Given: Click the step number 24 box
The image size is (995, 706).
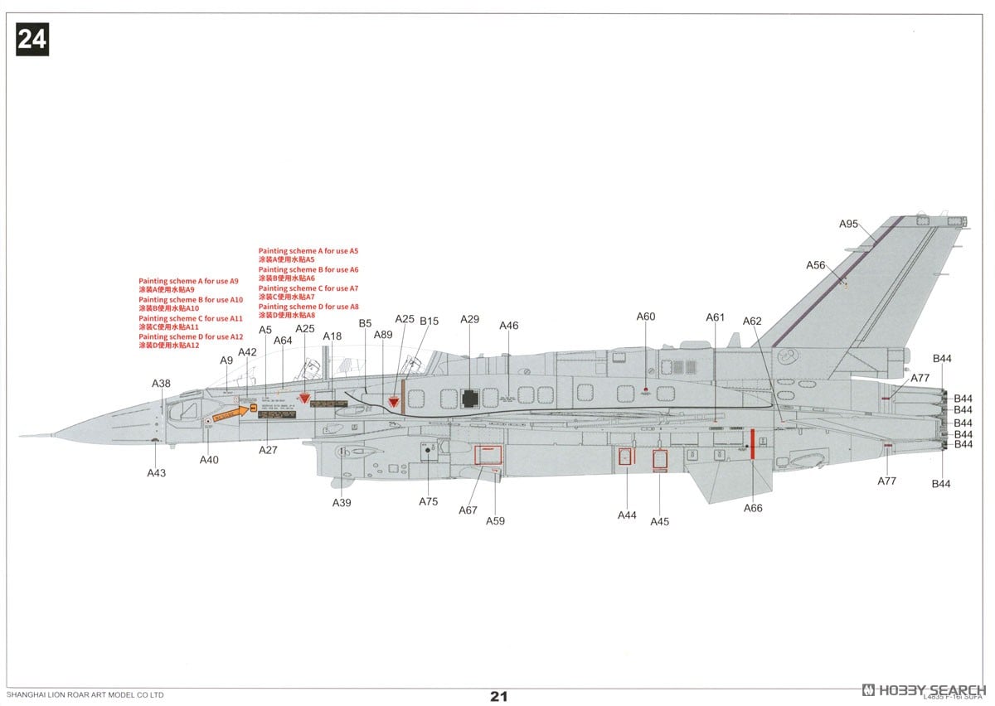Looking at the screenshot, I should click(32, 40).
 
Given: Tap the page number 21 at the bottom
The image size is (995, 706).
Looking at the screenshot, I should click(498, 696).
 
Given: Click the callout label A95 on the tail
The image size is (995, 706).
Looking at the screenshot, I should click(848, 224).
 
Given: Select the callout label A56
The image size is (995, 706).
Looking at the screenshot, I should click(816, 265).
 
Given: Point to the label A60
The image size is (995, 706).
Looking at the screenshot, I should click(646, 317).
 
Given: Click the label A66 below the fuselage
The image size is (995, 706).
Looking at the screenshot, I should click(753, 508).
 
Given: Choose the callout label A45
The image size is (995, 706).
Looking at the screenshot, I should click(659, 521).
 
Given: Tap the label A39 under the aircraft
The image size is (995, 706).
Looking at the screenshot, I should click(342, 503).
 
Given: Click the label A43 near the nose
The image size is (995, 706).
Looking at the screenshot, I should click(156, 472).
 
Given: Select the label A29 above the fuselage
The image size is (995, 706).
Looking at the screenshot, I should click(470, 319).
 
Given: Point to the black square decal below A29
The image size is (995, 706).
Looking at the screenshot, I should click(470, 399).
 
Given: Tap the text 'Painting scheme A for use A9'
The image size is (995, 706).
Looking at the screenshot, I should click(188, 282).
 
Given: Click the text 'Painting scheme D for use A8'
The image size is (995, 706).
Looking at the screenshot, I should click(308, 307).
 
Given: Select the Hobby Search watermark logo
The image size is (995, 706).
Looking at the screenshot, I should click(924, 689).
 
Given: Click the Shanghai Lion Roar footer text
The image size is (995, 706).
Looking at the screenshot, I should click(85, 694).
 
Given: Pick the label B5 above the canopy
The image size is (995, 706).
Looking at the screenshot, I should click(365, 323).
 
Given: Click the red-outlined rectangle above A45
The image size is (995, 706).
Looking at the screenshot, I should click(660, 459).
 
